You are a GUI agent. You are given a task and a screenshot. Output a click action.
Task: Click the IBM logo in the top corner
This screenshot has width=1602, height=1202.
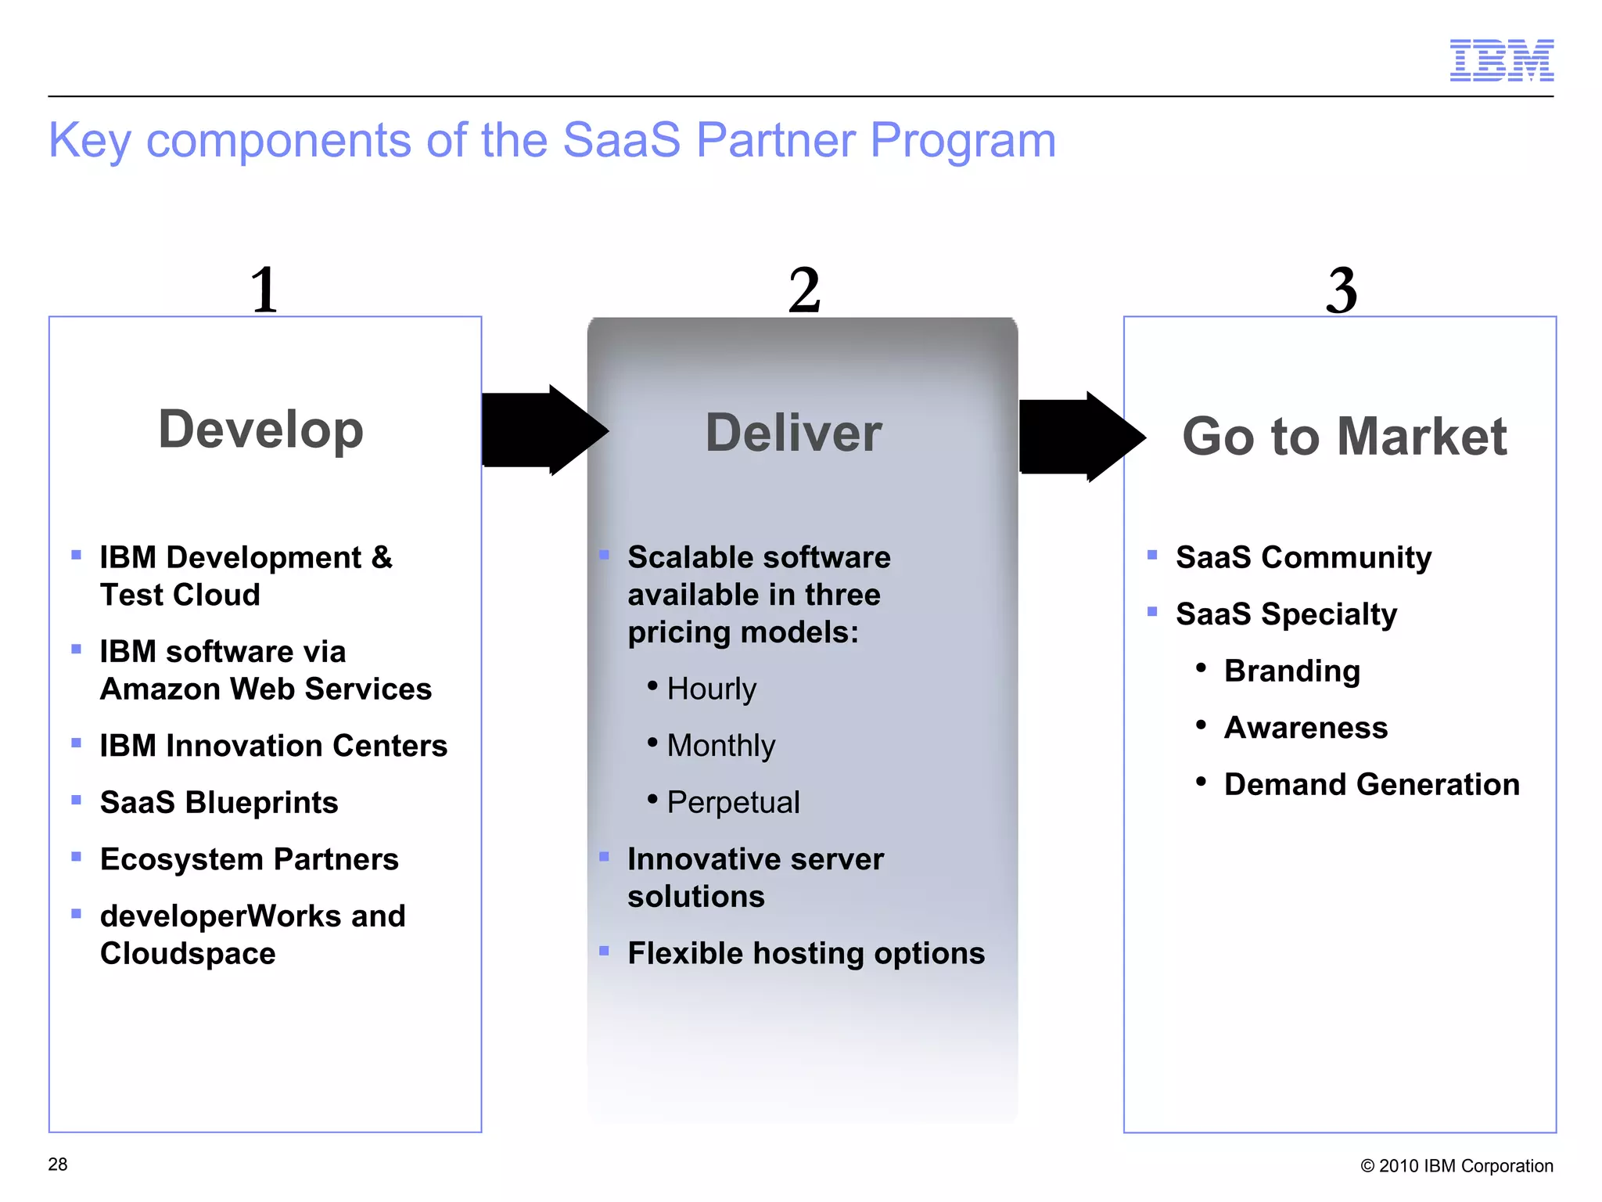point(1501,60)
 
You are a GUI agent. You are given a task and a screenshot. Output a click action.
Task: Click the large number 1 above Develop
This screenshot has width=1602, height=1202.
point(264,290)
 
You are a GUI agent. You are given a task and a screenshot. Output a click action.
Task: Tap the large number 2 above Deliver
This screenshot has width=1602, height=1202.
point(804,290)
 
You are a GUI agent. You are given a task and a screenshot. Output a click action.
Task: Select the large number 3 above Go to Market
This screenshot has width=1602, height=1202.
point(1341,290)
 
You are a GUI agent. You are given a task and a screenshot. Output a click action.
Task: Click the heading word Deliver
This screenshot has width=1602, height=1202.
point(793,433)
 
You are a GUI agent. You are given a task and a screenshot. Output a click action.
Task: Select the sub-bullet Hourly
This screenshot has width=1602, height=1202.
point(711,689)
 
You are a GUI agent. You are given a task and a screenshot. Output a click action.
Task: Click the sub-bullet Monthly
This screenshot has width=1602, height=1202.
point(720,745)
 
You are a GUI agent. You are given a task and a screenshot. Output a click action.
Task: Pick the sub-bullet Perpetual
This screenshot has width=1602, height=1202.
point(733,802)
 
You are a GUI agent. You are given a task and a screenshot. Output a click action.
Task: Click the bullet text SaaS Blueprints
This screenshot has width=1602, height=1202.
point(219,802)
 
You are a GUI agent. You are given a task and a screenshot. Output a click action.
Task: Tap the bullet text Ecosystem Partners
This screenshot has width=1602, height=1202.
point(250,859)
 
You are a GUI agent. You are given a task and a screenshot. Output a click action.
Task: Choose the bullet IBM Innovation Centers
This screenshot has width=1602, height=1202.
point(274,746)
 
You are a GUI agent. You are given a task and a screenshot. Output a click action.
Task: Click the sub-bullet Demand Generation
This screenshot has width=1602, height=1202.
point(1371,784)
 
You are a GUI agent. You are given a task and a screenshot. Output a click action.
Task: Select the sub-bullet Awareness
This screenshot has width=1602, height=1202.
point(1306,728)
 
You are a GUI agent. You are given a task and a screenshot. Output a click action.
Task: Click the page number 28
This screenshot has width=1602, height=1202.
point(58,1164)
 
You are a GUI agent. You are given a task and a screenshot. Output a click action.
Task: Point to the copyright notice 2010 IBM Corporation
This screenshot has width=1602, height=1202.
point(1457,1166)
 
